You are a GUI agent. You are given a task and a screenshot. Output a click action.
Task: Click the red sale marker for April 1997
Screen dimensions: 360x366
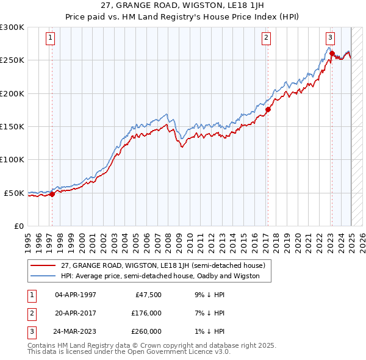tap(52, 194)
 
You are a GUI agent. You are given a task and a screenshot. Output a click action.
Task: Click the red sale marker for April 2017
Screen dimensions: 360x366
tap(267, 110)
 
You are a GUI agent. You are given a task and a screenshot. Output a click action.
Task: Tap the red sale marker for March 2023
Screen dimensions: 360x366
tap(332, 54)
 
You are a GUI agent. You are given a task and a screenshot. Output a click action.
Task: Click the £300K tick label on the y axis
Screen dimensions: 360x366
tap(12, 27)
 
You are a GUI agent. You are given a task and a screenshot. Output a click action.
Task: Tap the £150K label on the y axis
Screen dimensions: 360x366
tap(12, 126)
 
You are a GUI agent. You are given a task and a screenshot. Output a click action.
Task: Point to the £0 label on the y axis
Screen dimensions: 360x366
tap(18, 226)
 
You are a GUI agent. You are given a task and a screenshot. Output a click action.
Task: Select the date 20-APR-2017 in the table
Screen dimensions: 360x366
tap(76, 313)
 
